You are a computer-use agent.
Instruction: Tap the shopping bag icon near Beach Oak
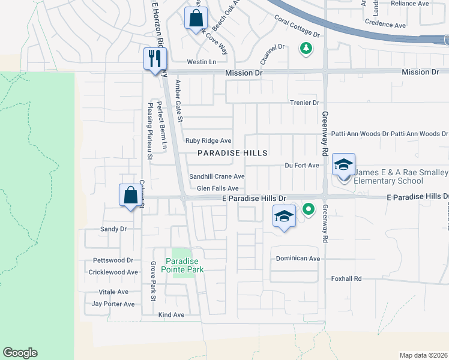(196, 18)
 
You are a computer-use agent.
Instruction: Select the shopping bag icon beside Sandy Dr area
(130, 195)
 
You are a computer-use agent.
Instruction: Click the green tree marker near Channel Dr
(306, 48)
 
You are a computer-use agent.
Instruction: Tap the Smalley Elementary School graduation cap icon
(343, 164)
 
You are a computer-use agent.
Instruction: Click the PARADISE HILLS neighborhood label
(233, 153)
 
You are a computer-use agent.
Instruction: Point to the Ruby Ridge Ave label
(208, 140)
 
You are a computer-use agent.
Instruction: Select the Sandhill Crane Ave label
(217, 176)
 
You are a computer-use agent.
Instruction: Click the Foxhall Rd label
(347, 278)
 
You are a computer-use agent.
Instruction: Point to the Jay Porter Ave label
(113, 304)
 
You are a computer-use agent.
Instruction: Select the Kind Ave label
(171, 314)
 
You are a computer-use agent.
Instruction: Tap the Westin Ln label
(202, 62)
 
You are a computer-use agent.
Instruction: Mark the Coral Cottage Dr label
(297, 26)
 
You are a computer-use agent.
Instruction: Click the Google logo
(20, 353)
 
